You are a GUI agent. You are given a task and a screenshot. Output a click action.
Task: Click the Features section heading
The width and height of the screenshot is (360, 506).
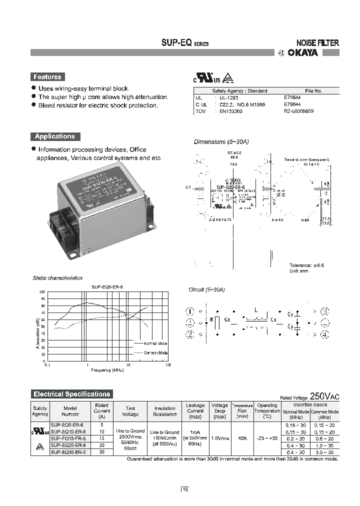pos(47,77)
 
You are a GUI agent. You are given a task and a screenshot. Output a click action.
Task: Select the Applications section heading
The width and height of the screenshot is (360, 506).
pos(54,136)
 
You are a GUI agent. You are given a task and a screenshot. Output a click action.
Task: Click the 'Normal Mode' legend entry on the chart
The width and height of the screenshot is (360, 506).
pos(155,343)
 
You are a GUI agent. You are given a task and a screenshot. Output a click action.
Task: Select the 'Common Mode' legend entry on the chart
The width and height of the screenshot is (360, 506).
pos(155,352)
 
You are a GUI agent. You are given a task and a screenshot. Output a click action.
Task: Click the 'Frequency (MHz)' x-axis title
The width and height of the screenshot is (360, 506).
pos(107,370)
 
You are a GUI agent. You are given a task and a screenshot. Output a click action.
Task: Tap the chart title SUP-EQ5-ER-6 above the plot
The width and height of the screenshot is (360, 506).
pos(107,287)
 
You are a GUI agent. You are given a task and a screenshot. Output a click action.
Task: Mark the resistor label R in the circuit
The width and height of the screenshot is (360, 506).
pos(212,318)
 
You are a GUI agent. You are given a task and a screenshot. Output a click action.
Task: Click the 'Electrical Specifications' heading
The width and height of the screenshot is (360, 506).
pos(71,394)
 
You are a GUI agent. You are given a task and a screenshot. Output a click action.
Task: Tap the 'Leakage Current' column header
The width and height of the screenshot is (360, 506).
pos(195,410)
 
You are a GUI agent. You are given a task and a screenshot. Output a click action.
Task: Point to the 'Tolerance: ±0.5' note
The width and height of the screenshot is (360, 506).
pos(307,265)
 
